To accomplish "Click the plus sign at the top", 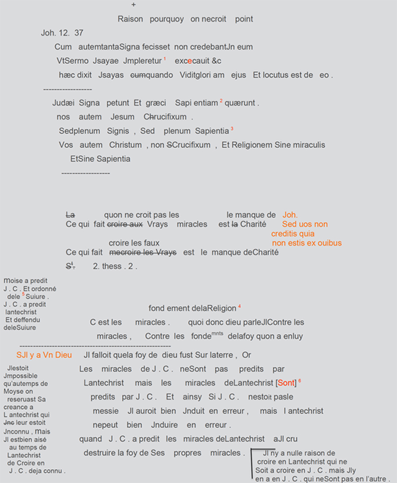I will coord(133,5).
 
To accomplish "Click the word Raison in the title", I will coord(130,19).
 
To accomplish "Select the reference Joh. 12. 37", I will coord(62,33).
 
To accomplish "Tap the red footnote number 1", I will coord(164,59).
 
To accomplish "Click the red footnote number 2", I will coord(221,101).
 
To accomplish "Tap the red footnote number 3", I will coord(232,129).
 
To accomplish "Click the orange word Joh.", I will coord(290,215).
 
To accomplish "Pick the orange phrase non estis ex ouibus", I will coord(307,243).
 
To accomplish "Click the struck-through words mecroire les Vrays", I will coord(142,253).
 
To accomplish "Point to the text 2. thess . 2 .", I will coord(115,267).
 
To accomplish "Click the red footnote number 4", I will coord(239,306).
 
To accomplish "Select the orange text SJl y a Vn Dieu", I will coord(44,355).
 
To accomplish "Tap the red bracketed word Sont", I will coord(286,383).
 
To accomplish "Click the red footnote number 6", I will coord(300,381).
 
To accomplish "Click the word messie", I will coord(106,411).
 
